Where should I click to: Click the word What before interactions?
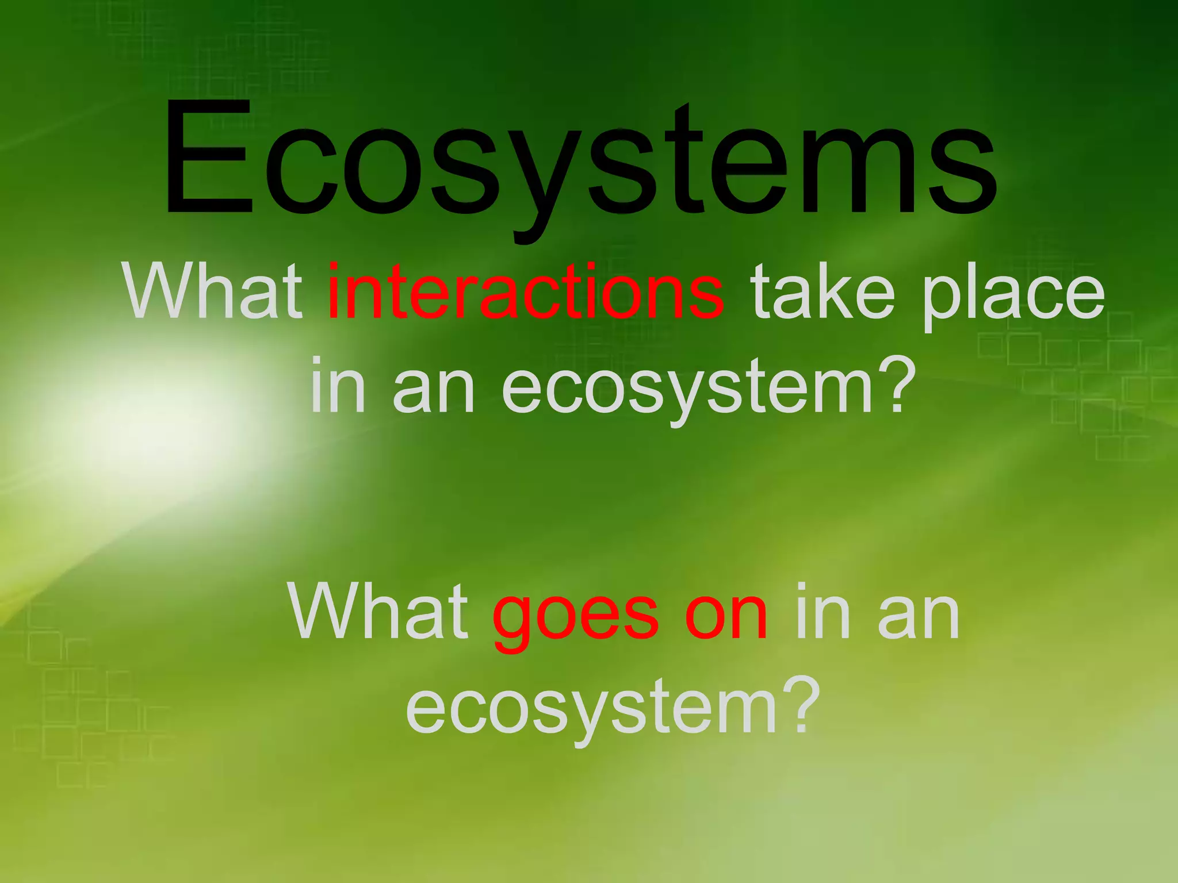pyautogui.click(x=212, y=291)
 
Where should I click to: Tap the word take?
pyautogui.click(x=823, y=291)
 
